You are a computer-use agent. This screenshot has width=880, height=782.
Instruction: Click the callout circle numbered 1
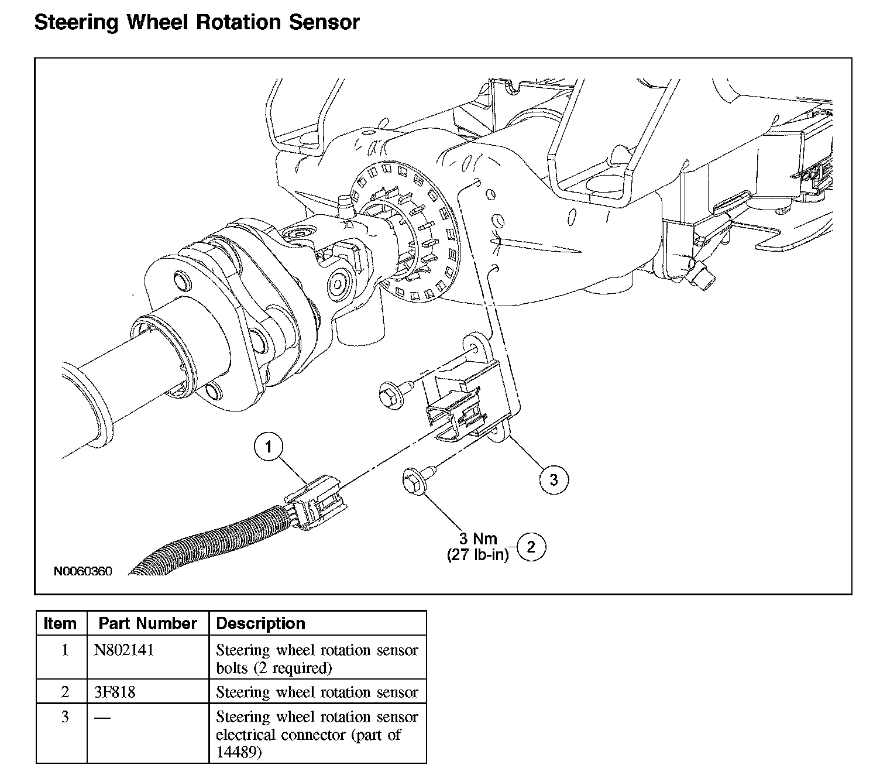269,446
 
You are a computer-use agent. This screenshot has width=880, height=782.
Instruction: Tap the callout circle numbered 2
531,547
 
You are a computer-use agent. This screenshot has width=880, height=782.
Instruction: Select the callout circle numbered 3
554,479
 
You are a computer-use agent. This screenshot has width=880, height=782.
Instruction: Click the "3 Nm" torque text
478,539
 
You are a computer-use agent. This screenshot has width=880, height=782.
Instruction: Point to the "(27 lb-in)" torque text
478,555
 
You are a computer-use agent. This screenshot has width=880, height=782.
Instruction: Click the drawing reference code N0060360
83,571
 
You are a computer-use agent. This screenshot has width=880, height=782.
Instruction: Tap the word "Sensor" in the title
325,22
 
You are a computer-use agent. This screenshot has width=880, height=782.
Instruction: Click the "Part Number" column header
147,623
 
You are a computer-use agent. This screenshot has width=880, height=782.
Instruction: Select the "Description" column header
260,623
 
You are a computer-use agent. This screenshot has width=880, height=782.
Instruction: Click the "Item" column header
60,623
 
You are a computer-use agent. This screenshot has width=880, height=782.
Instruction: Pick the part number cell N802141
124,650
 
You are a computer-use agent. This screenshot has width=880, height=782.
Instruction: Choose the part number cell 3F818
115,692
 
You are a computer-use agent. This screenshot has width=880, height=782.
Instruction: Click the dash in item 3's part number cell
102,718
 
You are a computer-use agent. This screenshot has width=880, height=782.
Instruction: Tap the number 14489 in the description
239,753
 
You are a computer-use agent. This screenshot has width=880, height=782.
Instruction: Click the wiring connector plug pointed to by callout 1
316,502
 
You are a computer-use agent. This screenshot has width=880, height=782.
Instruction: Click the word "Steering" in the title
76,22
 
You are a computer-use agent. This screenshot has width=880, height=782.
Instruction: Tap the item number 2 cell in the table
65,692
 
